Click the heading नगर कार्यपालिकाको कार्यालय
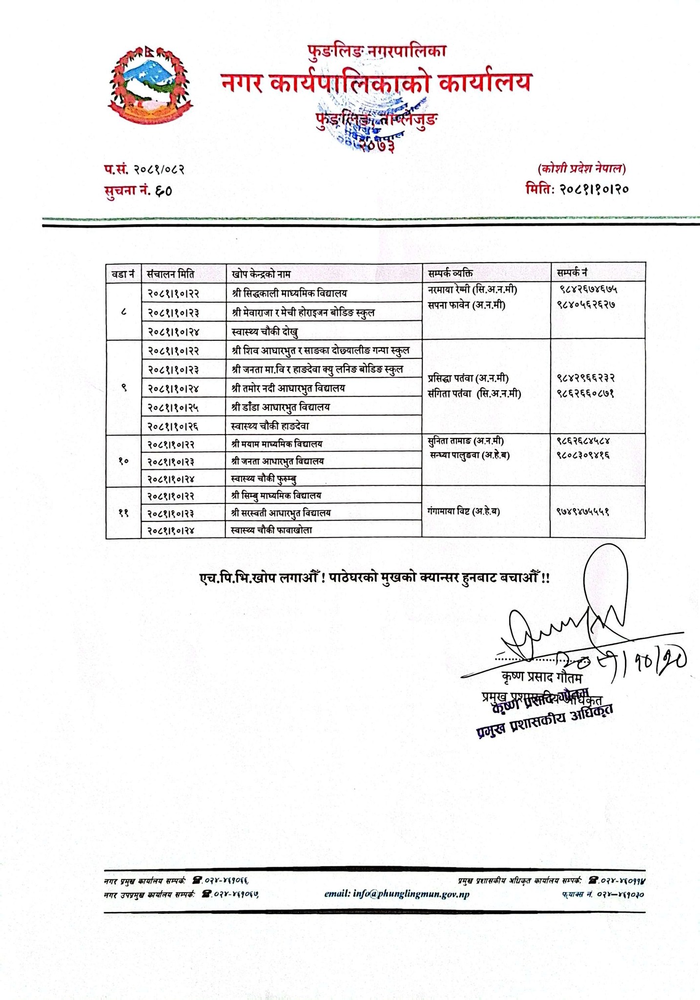[x=375, y=83]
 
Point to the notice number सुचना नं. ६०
[x=138, y=190]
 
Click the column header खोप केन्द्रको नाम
[x=261, y=274]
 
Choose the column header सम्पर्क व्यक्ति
[x=450, y=273]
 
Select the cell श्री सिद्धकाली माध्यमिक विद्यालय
[x=290, y=293]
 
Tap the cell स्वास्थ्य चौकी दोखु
[x=265, y=332]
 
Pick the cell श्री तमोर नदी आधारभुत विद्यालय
[x=289, y=389]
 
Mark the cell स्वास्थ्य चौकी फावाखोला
[x=272, y=530]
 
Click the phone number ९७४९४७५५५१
[x=583, y=512]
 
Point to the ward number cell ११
[x=124, y=513]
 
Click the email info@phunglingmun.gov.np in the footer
[x=397, y=894]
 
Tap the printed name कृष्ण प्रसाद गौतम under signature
[x=542, y=678]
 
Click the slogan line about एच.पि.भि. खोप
[x=374, y=578]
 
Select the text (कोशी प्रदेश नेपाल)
[x=581, y=169]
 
